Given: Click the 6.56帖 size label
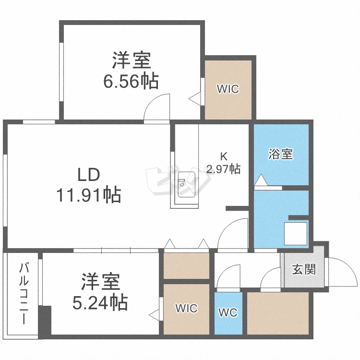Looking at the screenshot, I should pos(131,82).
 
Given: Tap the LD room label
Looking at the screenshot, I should pos(89,174).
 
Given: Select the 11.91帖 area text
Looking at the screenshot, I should pos(89,195).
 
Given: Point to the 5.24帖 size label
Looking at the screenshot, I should pos(100,302).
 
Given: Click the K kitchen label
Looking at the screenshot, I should pos(223,156).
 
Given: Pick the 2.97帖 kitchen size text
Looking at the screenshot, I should pos(223,169).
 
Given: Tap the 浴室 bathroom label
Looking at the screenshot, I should pos(281,155).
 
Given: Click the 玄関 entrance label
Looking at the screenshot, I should pos(304,269).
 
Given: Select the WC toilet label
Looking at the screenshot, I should pos(228,313).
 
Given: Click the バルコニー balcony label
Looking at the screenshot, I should pos(23,293).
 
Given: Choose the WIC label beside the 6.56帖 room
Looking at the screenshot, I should pos(228,89).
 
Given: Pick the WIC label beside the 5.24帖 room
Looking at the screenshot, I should pos(186,308).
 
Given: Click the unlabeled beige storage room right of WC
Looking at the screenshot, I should pos(278,312).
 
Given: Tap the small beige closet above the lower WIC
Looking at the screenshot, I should pos(186,265).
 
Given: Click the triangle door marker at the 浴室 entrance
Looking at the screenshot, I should pos(261,180).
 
